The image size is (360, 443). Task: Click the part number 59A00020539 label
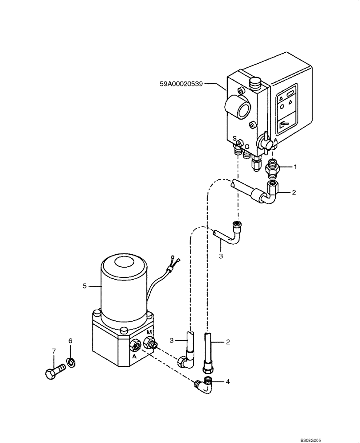pyautogui.click(x=181, y=83)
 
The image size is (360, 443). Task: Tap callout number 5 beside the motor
pyautogui.click(x=84, y=286)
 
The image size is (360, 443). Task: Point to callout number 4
pyautogui.click(x=228, y=381)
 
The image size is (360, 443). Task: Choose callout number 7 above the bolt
pyautogui.click(x=54, y=351)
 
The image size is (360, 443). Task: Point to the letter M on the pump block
pyautogui.click(x=149, y=333)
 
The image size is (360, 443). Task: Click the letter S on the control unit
pyautogui.click(x=235, y=139)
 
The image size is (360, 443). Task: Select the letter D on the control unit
pyautogui.click(x=247, y=146)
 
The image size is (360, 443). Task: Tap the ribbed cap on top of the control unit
pyautogui.click(x=255, y=83)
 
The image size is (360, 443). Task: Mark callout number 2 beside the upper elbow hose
pyautogui.click(x=293, y=192)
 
